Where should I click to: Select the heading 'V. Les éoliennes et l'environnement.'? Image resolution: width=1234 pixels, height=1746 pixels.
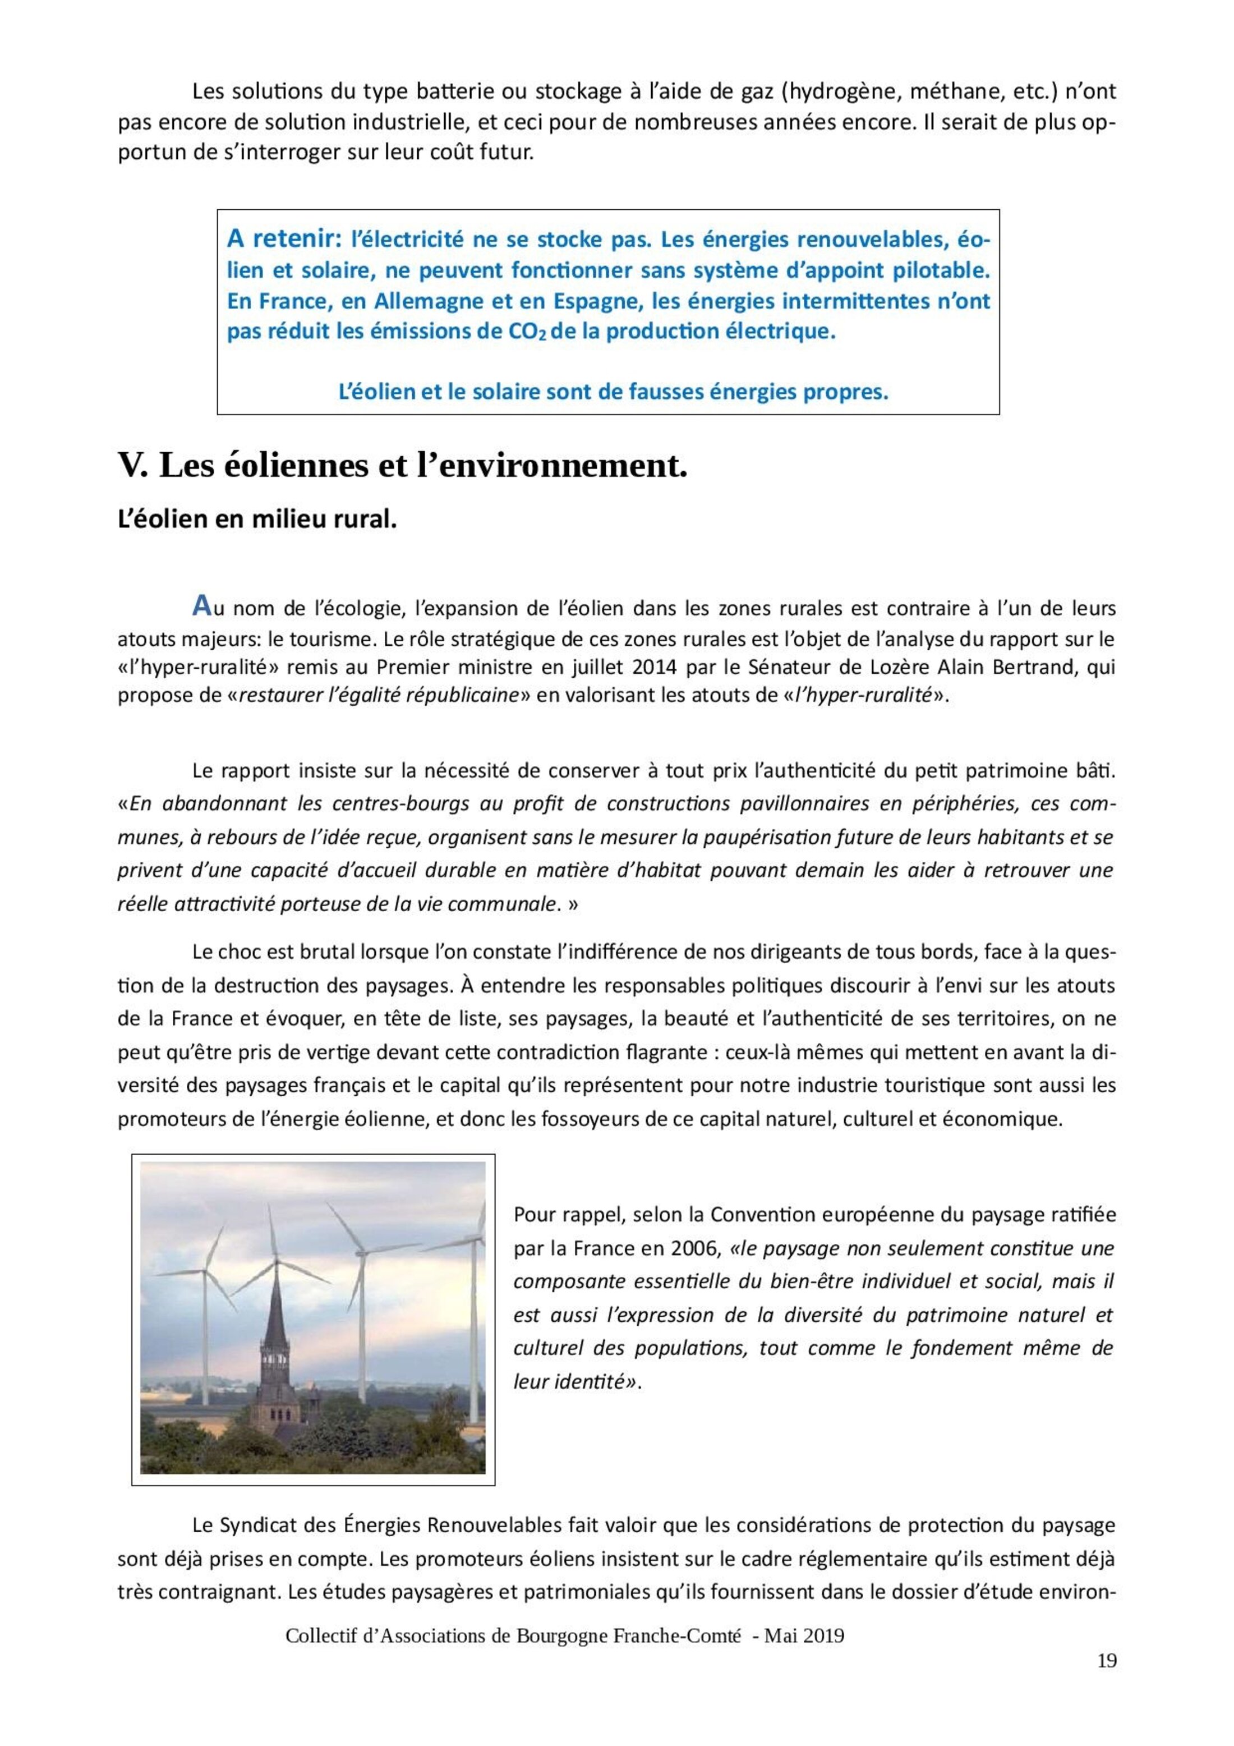click(x=402, y=466)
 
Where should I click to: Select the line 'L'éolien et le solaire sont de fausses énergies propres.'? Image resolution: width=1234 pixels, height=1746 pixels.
click(x=613, y=392)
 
